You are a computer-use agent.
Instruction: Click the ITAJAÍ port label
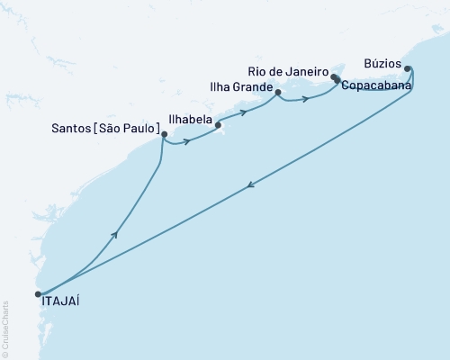[x=60, y=303]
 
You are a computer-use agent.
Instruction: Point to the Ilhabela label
[x=190, y=118]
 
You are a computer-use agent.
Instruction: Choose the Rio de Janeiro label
[x=288, y=70]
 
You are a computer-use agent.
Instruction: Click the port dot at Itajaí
[x=38, y=293]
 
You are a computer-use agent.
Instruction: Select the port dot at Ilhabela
[x=219, y=126]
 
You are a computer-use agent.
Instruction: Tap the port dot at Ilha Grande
[x=278, y=93]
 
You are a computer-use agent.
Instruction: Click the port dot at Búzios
[x=408, y=68]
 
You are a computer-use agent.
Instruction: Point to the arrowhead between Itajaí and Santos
[x=114, y=234]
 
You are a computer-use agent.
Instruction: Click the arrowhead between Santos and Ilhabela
[x=186, y=141]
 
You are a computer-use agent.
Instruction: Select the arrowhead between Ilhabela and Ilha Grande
[x=244, y=112]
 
